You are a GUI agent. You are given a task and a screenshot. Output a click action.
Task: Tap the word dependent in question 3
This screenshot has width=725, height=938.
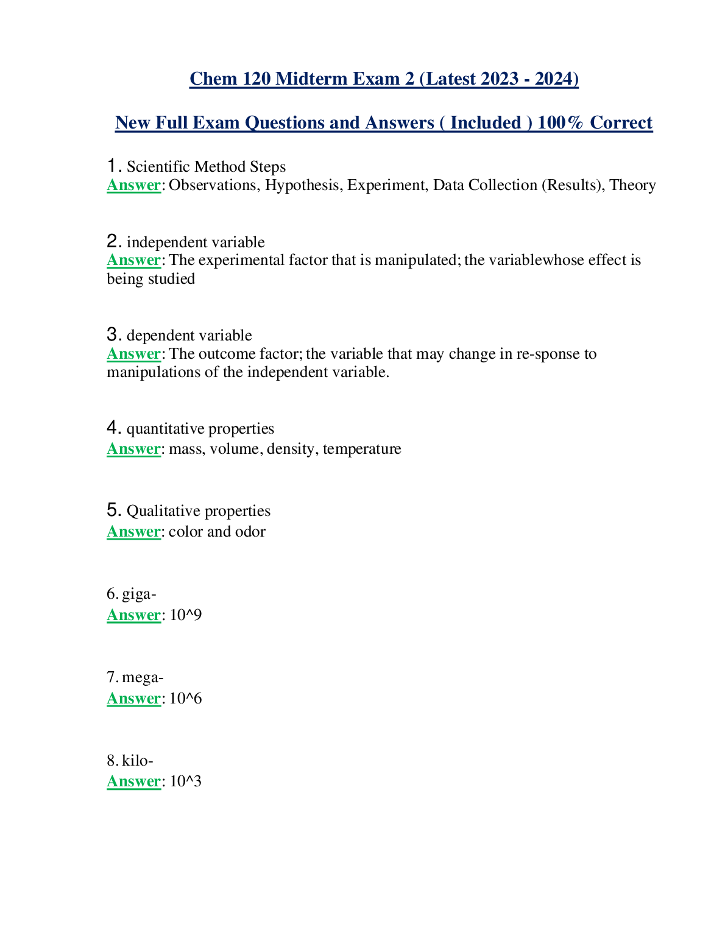158,336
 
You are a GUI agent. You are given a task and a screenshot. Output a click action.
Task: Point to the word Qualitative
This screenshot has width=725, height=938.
162,510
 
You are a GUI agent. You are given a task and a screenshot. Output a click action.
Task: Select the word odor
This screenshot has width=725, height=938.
250,532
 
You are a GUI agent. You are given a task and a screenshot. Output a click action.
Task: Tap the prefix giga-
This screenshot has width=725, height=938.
139,593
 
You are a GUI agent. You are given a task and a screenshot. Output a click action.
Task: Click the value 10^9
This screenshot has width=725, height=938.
185,615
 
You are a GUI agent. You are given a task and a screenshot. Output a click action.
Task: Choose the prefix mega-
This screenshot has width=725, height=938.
143,677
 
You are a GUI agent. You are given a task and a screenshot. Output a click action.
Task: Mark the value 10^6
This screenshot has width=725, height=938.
185,699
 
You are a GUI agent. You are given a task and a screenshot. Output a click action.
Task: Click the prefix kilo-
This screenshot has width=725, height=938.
137,760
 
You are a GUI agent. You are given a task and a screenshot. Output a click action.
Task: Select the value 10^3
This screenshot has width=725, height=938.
185,781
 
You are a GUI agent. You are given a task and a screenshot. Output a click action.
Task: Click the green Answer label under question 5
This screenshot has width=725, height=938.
133,532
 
